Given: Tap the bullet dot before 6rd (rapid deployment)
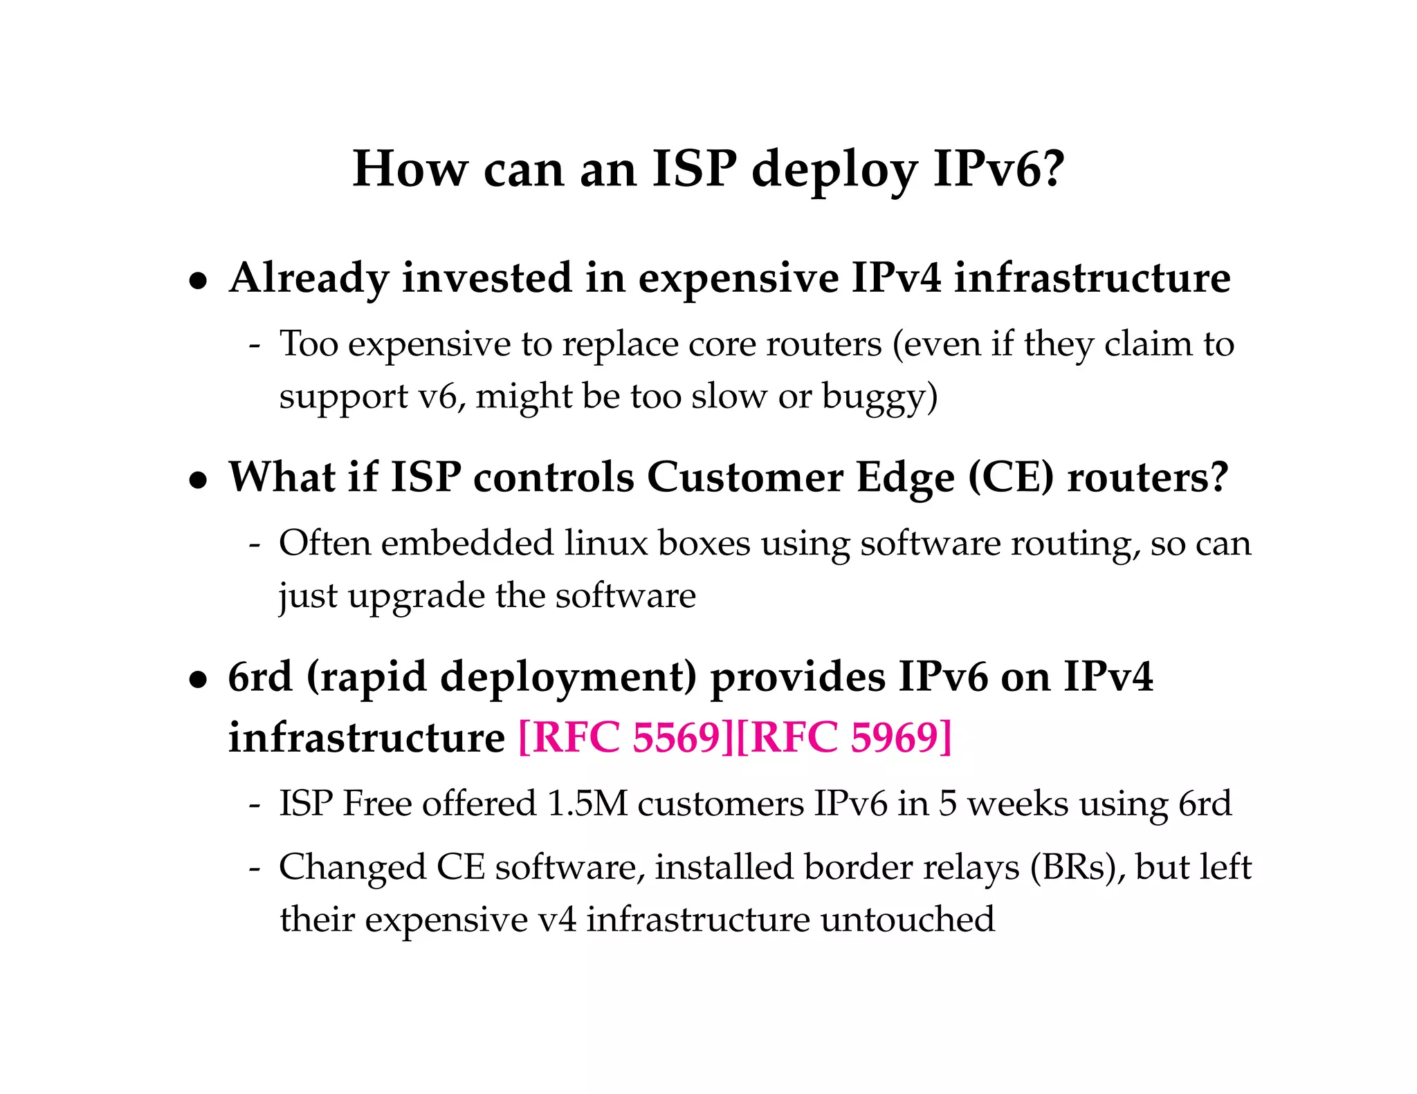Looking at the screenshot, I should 199,679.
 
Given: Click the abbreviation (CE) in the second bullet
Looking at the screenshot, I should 1011,477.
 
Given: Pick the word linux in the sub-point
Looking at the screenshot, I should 605,543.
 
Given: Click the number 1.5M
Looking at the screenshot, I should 587,804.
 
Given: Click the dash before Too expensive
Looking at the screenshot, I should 255,344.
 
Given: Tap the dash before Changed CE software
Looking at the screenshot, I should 255,867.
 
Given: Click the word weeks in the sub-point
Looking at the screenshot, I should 1018,804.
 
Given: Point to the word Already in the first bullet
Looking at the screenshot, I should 309,279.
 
